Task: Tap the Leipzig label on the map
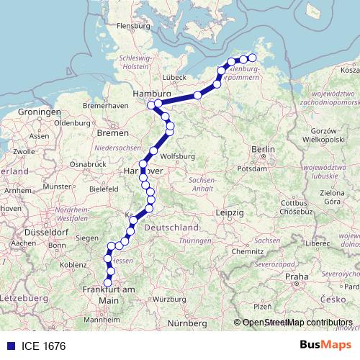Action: (x=231, y=213)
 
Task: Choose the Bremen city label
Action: (x=112, y=133)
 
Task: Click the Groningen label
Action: (x=40, y=113)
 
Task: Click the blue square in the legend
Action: (x=9, y=346)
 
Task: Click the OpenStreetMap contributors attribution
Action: (x=297, y=323)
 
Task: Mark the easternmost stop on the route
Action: (x=252, y=57)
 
